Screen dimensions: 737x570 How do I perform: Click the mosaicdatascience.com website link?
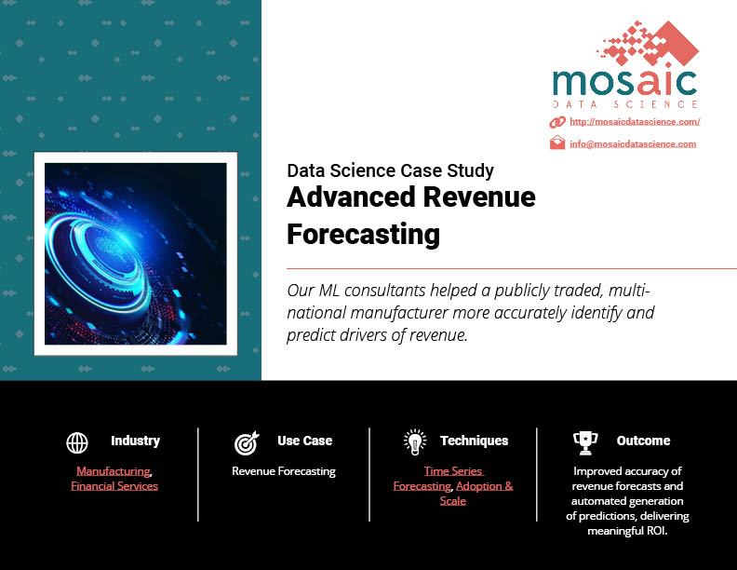coord(635,122)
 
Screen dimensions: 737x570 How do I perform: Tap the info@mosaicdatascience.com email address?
coord(633,144)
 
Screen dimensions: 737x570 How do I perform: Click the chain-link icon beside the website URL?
coord(557,122)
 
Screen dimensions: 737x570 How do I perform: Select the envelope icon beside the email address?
coord(557,142)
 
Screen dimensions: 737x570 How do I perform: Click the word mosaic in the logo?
coord(624,82)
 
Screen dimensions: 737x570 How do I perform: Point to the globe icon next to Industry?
coord(77,442)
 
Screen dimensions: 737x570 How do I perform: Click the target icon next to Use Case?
coord(247,443)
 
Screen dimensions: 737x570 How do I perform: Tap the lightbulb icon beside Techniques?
coord(415,442)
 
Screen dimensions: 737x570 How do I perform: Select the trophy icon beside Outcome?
coord(585,443)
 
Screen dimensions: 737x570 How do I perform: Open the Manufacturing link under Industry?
coord(114,470)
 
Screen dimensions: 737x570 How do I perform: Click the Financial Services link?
coord(114,486)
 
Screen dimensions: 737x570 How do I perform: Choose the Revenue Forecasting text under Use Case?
coord(284,471)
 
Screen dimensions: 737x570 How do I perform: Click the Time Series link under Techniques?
coord(453,470)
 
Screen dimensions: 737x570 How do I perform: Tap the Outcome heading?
coord(643,441)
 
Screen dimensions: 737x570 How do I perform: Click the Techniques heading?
coord(475,441)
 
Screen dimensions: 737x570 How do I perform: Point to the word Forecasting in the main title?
coord(363,235)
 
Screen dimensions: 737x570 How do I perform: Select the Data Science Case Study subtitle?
coord(390,170)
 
